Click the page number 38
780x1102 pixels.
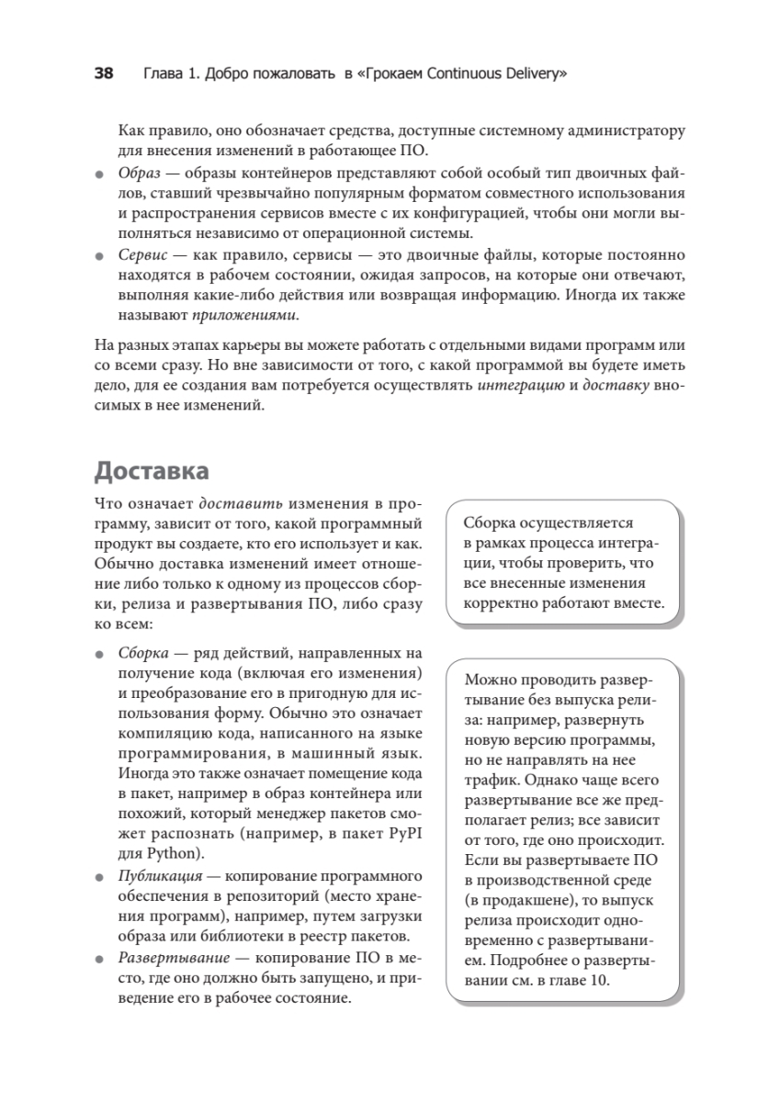tap(104, 73)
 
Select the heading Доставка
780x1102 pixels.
tap(151, 471)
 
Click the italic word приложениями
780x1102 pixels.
tap(244, 315)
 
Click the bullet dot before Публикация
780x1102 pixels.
tap(100, 878)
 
